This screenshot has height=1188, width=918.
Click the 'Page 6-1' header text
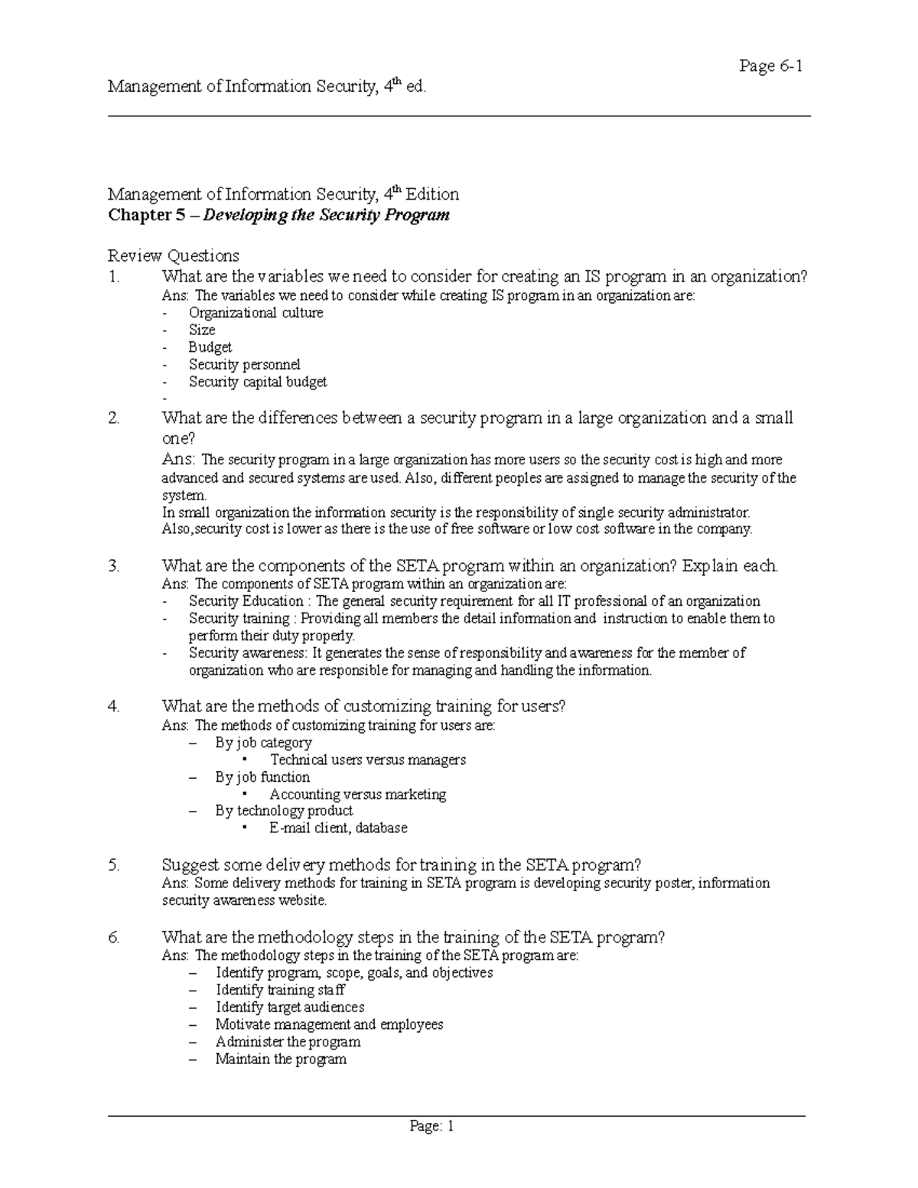770,67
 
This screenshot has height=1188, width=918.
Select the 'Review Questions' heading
174,256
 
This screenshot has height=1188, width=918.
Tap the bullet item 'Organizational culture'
256,313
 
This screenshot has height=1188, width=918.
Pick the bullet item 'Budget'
210,347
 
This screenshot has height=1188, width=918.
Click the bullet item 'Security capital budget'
258,382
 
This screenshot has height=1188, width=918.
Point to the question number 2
114,418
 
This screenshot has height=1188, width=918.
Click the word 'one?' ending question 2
178,438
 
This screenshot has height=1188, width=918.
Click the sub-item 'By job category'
263,743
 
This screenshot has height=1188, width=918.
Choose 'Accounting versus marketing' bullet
357,794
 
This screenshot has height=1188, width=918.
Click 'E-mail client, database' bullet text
338,828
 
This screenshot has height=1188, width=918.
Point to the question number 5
114,865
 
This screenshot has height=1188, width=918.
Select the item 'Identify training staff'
280,990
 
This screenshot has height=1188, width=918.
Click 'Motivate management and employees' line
329,1024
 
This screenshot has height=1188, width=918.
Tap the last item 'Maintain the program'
281,1059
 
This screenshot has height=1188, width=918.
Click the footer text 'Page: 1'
432,1126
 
